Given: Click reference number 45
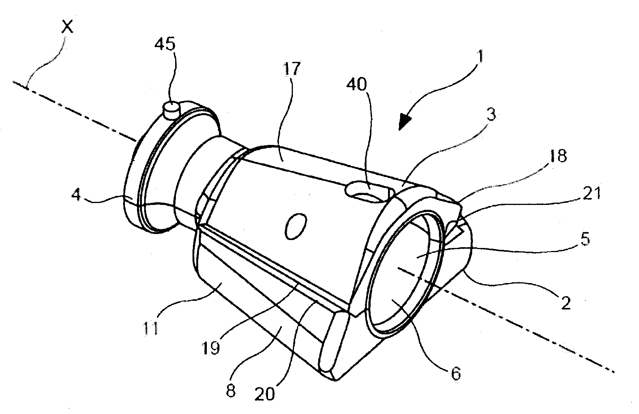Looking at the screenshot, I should point(165,45).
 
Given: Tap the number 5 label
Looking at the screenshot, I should point(585,240).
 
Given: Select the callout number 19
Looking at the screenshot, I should point(212,348).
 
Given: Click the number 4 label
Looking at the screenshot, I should point(77,196).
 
